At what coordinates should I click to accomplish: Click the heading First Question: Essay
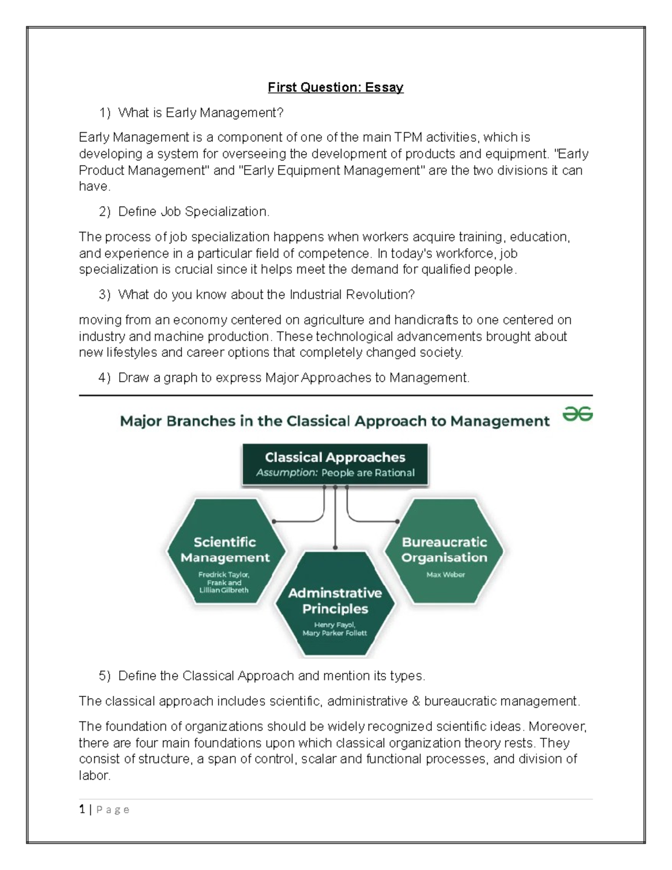click(335, 87)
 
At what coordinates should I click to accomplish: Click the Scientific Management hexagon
click(225, 552)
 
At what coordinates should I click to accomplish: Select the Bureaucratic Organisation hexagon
click(445, 552)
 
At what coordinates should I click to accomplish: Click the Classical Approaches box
click(335, 464)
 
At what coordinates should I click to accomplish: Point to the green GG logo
click(577, 415)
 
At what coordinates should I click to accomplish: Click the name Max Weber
click(445, 575)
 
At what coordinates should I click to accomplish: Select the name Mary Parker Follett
click(335, 633)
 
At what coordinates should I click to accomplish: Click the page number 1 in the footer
click(82, 809)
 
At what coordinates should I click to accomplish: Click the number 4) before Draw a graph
click(104, 378)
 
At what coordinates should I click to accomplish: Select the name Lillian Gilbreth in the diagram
click(224, 590)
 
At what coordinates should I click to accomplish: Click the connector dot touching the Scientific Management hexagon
click(273, 522)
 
